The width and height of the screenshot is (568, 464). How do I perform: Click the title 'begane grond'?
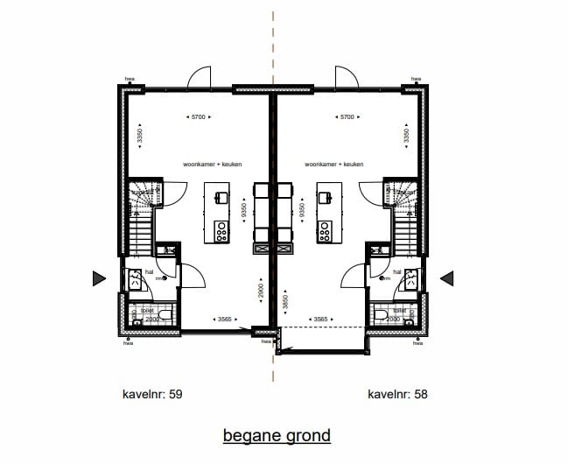point(277,435)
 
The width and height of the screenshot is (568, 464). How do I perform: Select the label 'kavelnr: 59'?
point(151,395)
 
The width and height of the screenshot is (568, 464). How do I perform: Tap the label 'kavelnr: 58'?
point(397,395)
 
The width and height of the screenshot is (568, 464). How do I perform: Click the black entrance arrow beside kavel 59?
point(99,278)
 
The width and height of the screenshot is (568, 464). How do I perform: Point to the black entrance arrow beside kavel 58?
point(446,278)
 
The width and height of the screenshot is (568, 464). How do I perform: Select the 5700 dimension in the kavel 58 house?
point(347,116)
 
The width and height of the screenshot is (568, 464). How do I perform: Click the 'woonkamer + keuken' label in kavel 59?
point(212,164)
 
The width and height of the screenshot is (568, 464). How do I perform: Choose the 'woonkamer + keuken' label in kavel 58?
point(333,164)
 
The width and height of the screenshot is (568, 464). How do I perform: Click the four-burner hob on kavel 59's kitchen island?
point(221,231)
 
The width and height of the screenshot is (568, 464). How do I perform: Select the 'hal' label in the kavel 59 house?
point(150,272)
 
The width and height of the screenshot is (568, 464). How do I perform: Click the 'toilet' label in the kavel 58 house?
point(399,310)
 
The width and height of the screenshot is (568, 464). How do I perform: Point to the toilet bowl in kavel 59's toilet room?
point(140,313)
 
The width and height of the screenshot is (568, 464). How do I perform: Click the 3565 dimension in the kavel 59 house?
point(224,320)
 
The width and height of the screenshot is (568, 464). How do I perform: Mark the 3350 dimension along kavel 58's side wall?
point(406,137)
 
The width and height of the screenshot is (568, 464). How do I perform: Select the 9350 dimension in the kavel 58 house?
point(301,210)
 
